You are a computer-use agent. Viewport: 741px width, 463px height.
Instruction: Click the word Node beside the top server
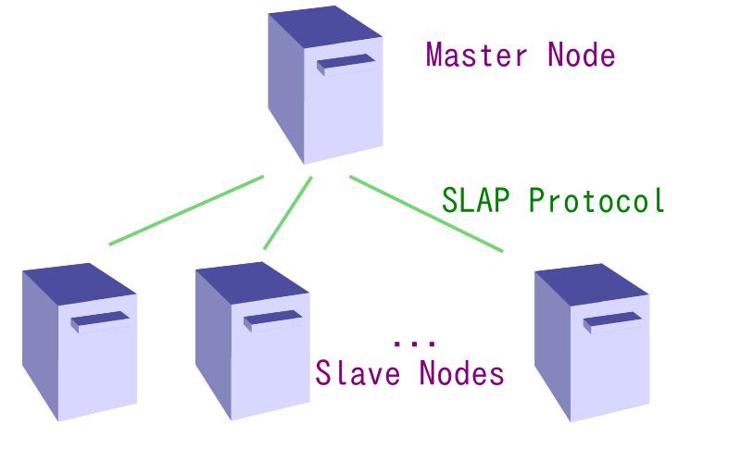[x=582, y=55]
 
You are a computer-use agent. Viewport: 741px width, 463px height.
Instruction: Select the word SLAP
[x=474, y=200]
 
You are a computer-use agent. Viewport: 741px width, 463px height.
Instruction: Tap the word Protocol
[x=597, y=200]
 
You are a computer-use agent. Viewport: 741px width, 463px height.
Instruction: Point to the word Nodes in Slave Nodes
[x=461, y=372]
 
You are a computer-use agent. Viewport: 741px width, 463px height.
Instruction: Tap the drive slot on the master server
[x=347, y=65]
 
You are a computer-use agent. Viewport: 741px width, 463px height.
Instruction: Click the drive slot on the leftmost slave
[x=100, y=321]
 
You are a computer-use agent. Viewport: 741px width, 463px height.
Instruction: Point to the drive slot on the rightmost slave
[x=612, y=321]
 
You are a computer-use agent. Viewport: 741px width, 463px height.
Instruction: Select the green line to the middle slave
[x=287, y=213]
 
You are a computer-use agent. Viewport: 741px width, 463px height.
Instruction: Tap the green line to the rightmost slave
[x=426, y=214]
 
